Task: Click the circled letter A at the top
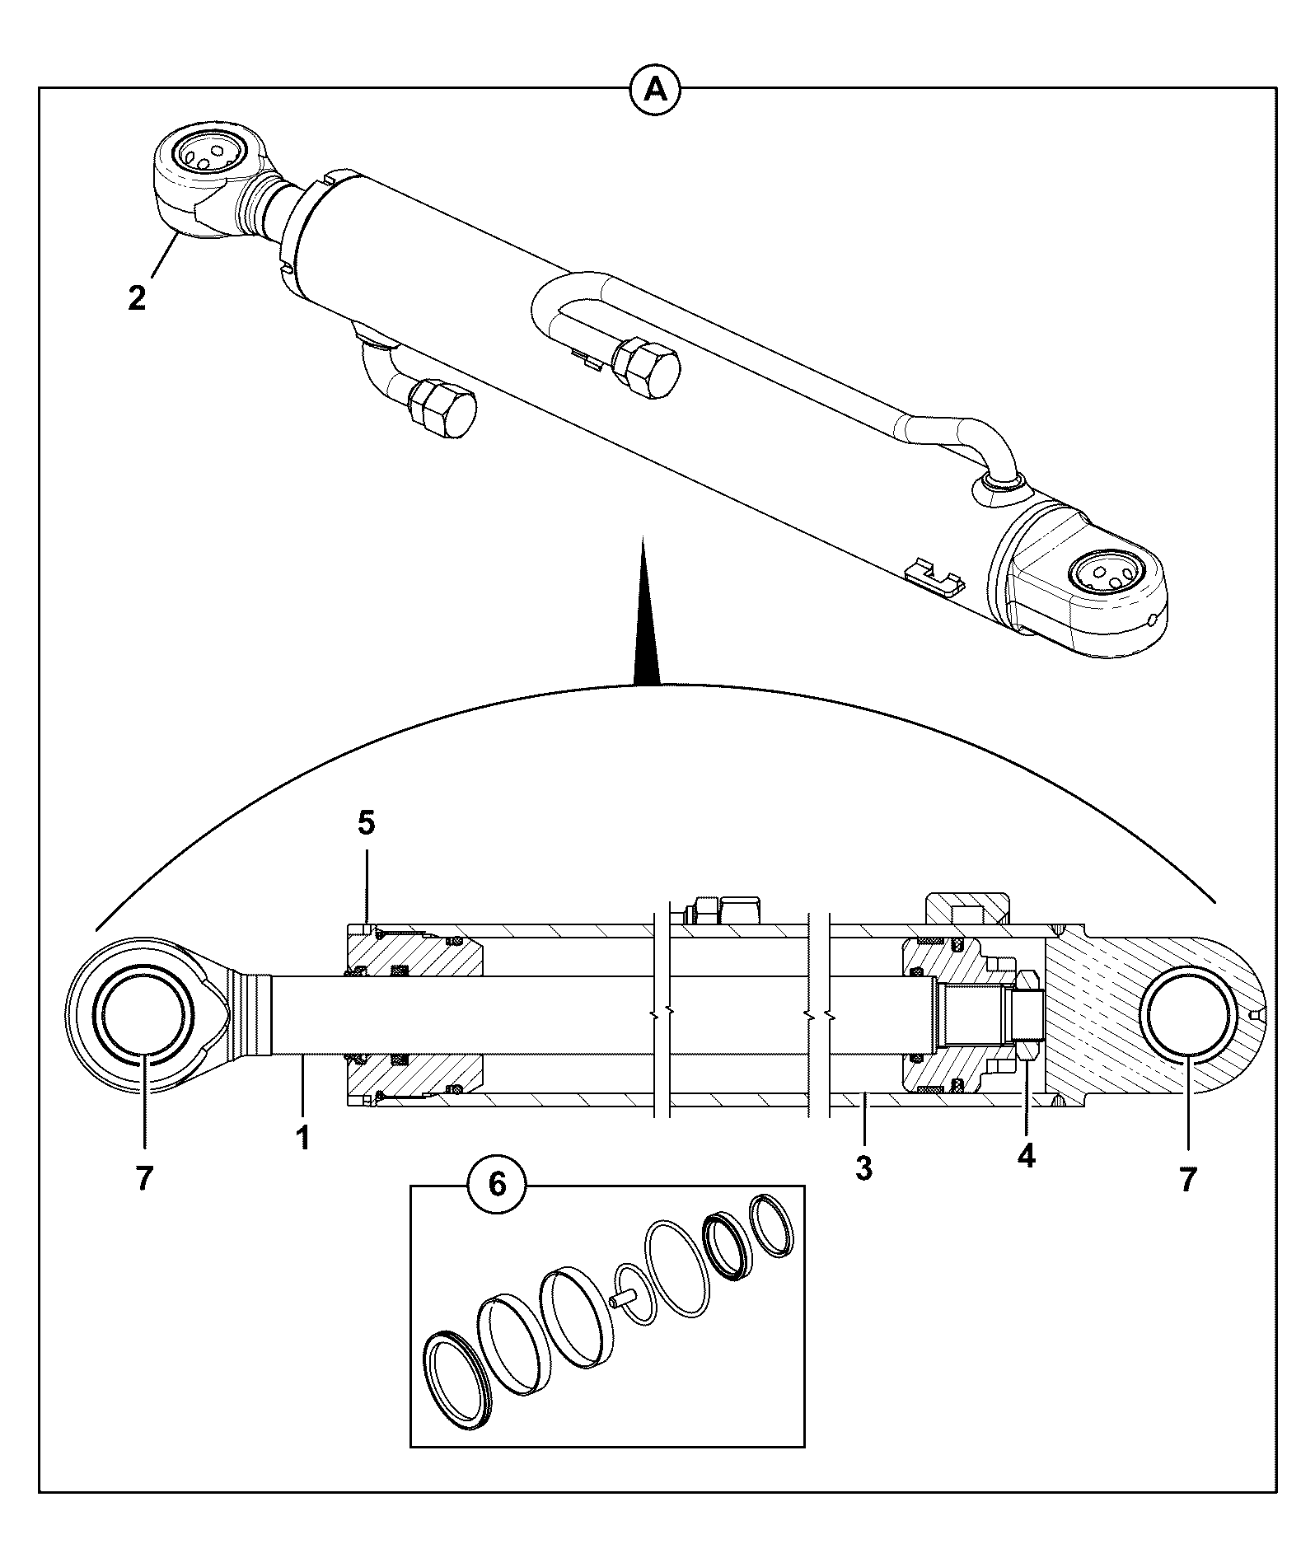pos(656,88)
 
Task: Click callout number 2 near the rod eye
pos(137,297)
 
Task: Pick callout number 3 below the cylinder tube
pos(863,1167)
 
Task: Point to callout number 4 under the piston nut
pos(1025,1155)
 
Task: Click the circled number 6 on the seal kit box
pos(497,1184)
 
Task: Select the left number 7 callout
pos(144,1179)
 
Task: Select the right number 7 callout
pos(1187,1179)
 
